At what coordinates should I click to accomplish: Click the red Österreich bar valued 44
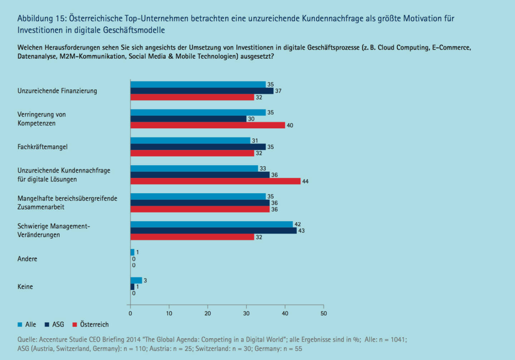pyautogui.click(x=215, y=181)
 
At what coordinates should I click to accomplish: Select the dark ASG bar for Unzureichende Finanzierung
pyautogui.click(x=202, y=91)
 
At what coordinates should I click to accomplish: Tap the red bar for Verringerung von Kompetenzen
pyautogui.click(x=207, y=125)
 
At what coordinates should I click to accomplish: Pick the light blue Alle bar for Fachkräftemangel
pyautogui.click(x=190, y=140)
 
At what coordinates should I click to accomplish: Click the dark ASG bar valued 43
pyautogui.click(x=214, y=231)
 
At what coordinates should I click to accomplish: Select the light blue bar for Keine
pyautogui.click(x=136, y=280)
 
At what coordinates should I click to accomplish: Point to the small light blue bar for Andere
pyautogui.click(x=132, y=252)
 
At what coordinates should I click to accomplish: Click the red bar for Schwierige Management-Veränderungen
pyautogui.click(x=192, y=237)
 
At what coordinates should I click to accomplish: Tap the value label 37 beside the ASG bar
pyautogui.click(x=278, y=91)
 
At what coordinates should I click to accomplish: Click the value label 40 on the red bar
pyautogui.click(x=290, y=125)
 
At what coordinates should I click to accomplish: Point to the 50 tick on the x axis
pyautogui.click(x=324, y=313)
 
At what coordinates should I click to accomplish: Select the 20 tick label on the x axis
pyautogui.click(x=208, y=313)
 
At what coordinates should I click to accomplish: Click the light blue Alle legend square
pyautogui.click(x=20, y=325)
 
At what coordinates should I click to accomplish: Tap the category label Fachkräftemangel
pyautogui.click(x=43, y=147)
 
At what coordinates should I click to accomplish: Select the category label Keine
pyautogui.click(x=25, y=287)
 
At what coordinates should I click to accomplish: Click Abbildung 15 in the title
pyautogui.click(x=40, y=18)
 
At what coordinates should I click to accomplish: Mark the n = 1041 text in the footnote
pyautogui.click(x=393, y=340)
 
